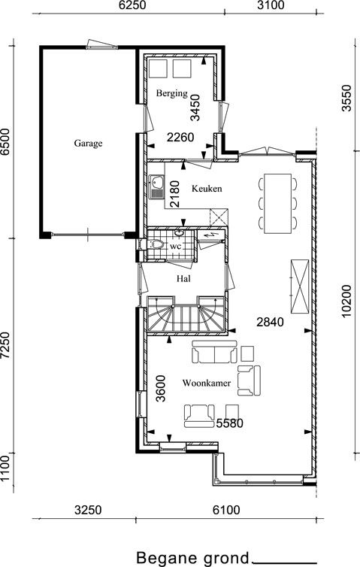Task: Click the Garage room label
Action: [x=88, y=143]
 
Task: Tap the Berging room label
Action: [x=171, y=93]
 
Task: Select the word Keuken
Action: [x=207, y=189]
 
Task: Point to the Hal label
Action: [x=183, y=278]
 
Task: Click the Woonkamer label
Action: [x=207, y=383]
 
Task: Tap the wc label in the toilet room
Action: [x=175, y=246]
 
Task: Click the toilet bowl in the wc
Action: [x=156, y=244]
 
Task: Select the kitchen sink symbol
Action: [x=156, y=187]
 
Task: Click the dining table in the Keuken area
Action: [x=277, y=204]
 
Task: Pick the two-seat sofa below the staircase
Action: [x=215, y=352]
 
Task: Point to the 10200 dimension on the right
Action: [x=346, y=301]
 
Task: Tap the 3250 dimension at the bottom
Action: [x=88, y=510]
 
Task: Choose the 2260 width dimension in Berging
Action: [x=180, y=138]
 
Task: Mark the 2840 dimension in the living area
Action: [x=270, y=321]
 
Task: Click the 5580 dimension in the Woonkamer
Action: [x=229, y=423]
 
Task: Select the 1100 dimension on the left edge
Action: [x=5, y=468]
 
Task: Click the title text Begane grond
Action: [x=193, y=558]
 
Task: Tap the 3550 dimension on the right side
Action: [x=346, y=98]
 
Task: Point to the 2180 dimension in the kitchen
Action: [x=174, y=194]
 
